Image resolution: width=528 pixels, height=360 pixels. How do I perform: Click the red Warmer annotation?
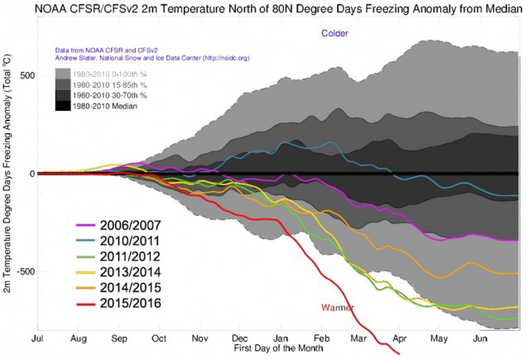pyautogui.click(x=337, y=308)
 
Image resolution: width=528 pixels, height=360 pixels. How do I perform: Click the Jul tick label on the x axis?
pyautogui.click(x=38, y=339)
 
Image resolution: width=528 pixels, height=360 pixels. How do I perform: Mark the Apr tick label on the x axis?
pyautogui.click(x=398, y=339)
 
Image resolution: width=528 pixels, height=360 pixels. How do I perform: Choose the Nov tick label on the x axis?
pyautogui.click(x=200, y=339)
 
